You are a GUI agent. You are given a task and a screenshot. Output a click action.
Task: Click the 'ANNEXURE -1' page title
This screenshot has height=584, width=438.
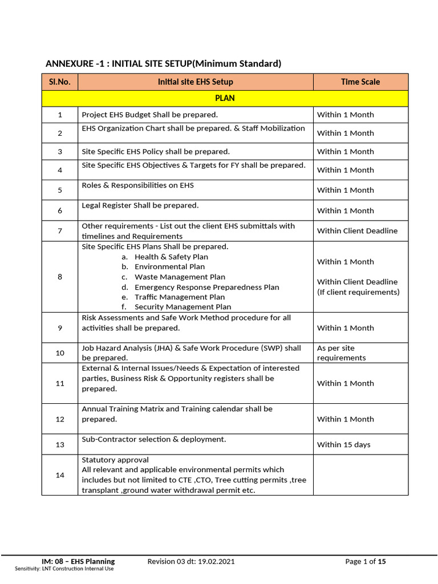point(163,63)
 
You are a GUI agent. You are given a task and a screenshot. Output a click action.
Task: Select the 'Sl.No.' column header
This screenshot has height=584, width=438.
point(59,82)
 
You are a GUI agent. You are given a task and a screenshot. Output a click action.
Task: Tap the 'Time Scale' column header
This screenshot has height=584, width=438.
point(360,82)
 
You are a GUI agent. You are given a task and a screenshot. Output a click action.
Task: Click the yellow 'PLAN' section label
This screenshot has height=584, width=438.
point(225,98)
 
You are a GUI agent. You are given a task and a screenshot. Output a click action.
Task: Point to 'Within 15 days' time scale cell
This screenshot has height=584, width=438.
point(343,445)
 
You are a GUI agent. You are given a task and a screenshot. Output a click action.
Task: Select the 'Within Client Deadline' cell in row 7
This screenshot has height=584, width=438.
point(357,231)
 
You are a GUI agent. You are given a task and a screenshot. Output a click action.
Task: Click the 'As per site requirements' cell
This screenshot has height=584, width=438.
point(341,353)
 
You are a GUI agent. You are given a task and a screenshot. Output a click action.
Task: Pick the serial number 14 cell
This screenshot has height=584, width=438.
point(60,475)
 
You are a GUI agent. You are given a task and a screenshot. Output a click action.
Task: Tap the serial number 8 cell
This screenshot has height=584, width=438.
point(60,277)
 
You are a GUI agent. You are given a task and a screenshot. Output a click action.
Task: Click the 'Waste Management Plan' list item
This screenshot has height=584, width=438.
point(180,277)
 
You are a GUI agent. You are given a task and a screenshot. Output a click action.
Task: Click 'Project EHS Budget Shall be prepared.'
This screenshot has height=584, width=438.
point(150,115)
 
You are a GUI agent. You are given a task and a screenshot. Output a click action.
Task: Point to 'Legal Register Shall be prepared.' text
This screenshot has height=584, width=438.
point(140,205)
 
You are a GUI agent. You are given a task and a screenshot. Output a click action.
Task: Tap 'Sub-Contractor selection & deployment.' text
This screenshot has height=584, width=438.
point(154,439)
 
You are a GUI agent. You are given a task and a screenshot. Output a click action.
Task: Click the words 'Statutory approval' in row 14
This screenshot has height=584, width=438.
point(115,460)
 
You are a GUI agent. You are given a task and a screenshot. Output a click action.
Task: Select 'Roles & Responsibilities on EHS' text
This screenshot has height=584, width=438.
point(137,185)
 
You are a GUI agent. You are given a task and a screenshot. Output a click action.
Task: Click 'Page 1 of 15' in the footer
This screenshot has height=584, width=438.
point(366,562)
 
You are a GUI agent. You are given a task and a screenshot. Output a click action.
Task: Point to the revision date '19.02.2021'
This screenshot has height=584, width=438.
point(216,562)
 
